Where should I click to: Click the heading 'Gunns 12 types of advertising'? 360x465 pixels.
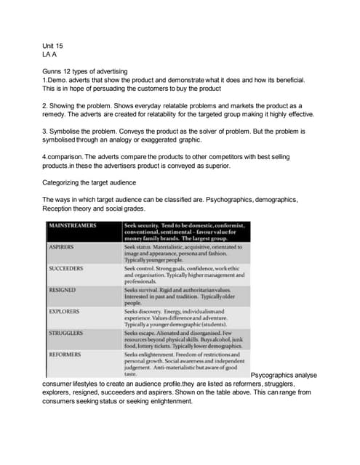point(85,70)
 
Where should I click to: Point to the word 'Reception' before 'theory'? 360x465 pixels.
point(60,209)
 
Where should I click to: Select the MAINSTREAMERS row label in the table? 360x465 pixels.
point(72,226)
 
